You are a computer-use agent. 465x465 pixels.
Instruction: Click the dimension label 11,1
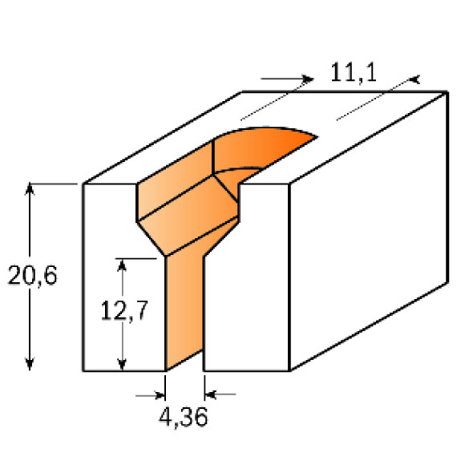tap(354, 75)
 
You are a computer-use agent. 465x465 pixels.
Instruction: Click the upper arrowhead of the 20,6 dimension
tap(30, 189)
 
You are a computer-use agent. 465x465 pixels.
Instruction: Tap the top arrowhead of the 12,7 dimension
tap(123, 264)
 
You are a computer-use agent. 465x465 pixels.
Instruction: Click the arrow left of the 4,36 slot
tap(159, 394)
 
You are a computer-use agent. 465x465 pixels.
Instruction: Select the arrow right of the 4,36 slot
tap(212, 394)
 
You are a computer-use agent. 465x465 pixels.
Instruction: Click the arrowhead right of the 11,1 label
tap(415, 79)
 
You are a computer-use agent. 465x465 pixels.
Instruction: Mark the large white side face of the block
tap(369, 232)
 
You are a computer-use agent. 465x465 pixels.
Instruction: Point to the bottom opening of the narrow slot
tap(185, 370)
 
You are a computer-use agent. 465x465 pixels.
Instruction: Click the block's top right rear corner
tap(447, 92)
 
